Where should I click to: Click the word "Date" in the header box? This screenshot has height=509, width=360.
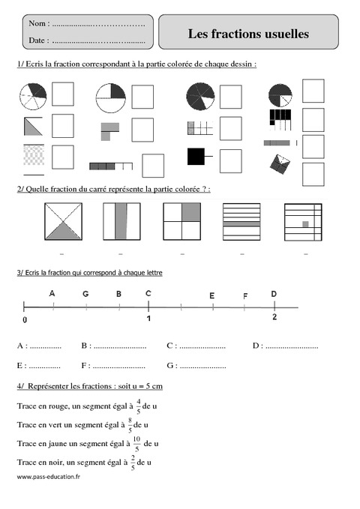click(38, 40)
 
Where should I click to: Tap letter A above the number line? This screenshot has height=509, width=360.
click(52, 293)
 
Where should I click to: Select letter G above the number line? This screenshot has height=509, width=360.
click(86, 294)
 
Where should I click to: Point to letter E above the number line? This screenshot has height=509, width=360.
click(212, 296)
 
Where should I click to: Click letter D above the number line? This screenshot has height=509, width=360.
click(274, 293)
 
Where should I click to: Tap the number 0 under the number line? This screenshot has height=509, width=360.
click(25, 319)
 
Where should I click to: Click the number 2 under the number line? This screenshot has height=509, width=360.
click(274, 318)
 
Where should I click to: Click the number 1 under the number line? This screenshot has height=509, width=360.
click(148, 319)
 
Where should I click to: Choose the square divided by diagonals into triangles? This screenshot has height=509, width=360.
click(64, 221)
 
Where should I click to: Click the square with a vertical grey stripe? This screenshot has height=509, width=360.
click(123, 221)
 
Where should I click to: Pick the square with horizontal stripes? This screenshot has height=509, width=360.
click(241, 221)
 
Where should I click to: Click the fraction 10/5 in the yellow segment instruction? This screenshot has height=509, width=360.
click(136, 444)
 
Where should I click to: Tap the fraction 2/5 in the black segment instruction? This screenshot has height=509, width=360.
click(133, 463)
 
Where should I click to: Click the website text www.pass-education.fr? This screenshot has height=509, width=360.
click(48, 477)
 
